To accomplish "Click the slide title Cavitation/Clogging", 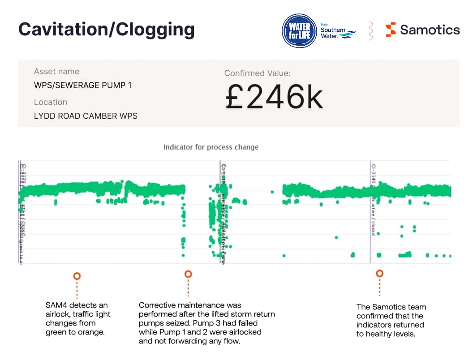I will (x=107, y=30).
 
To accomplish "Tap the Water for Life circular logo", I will (x=299, y=30).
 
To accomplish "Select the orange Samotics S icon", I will (x=391, y=30).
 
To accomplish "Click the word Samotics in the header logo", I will (x=430, y=30).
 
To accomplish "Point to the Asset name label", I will (x=56, y=71).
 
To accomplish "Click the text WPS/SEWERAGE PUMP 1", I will (x=83, y=85).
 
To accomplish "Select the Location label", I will (x=51, y=102).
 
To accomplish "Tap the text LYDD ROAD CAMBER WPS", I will (x=86, y=116).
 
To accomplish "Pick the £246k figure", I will (x=274, y=97).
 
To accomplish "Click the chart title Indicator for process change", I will (x=211, y=147).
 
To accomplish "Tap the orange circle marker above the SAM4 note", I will (x=77, y=276).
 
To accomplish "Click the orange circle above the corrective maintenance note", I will (x=188, y=274).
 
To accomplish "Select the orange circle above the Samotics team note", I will (x=379, y=273).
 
